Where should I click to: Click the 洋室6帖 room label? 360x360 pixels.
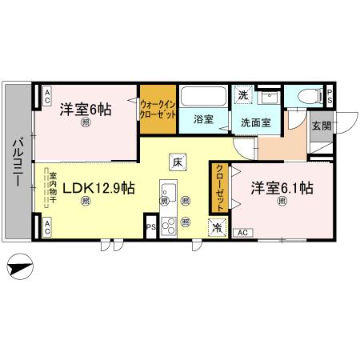coord(84,110)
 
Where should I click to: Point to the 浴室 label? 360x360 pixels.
coord(204,120)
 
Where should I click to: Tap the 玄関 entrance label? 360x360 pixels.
coord(320,126)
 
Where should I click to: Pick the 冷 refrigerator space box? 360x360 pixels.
coord(218,227)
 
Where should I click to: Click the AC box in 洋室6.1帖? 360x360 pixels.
coord(244,232)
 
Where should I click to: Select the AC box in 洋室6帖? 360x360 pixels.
coord(47,97)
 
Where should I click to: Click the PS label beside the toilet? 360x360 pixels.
coord(330,96)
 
